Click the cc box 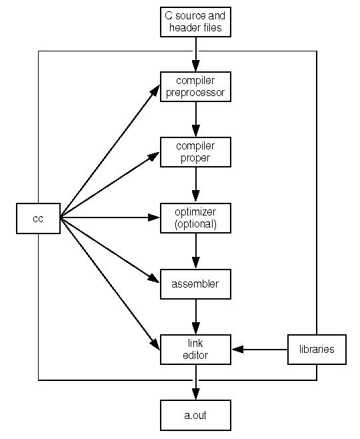(38, 218)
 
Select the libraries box (317, 350)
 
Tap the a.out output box (195, 415)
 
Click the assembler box (195, 284)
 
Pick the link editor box (195, 350)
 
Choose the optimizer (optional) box (195, 218)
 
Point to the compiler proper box (195, 152)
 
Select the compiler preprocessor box (195, 87)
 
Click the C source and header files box (195, 22)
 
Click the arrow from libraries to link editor (260, 350)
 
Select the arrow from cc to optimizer (110, 217)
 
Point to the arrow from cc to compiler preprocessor (110, 151)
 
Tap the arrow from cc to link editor (110, 284)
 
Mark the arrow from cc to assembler (110, 250)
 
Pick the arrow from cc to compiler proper (110, 185)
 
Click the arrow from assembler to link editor (196, 317)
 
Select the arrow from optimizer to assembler (196, 251)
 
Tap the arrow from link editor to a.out (196, 382)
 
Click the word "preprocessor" (195, 93)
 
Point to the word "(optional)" (195, 224)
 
